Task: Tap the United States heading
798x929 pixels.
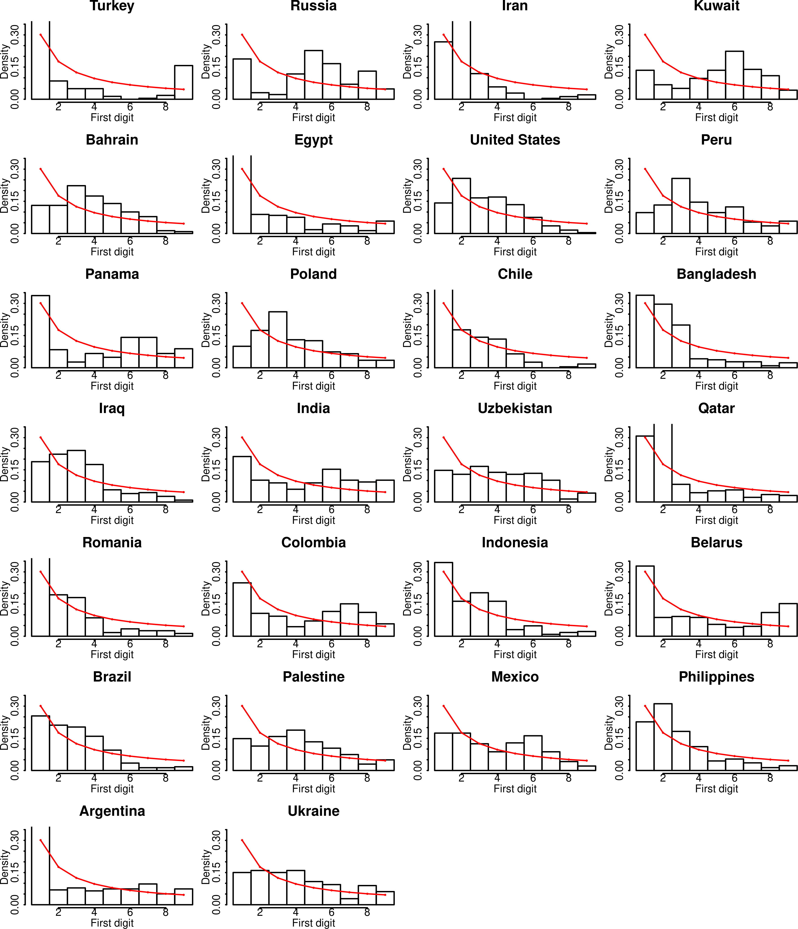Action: click(x=515, y=140)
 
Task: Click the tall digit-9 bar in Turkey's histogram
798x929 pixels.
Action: click(x=183, y=82)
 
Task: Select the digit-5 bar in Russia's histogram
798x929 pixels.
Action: click(x=313, y=75)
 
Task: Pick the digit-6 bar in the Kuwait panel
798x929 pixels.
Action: click(x=734, y=75)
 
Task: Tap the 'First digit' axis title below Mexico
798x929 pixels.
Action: click(x=515, y=789)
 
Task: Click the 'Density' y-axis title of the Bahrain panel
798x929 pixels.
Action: click(x=5, y=196)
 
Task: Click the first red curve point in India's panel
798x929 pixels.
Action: click(x=242, y=437)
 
